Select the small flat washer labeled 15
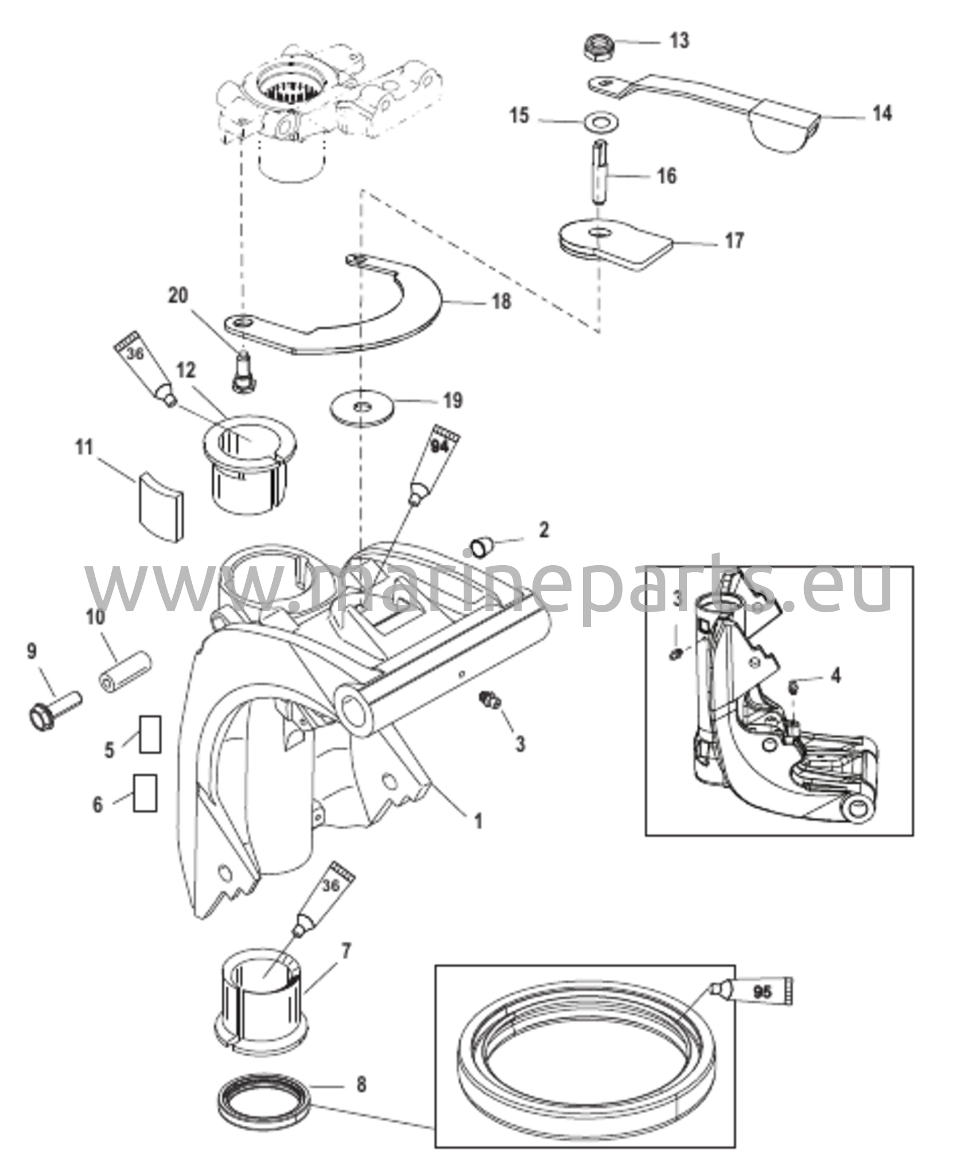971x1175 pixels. point(597,122)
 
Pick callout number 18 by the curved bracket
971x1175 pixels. point(502,301)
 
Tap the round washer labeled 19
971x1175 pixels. point(363,408)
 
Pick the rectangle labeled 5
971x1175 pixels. point(150,734)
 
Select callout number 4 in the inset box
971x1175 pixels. point(836,675)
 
